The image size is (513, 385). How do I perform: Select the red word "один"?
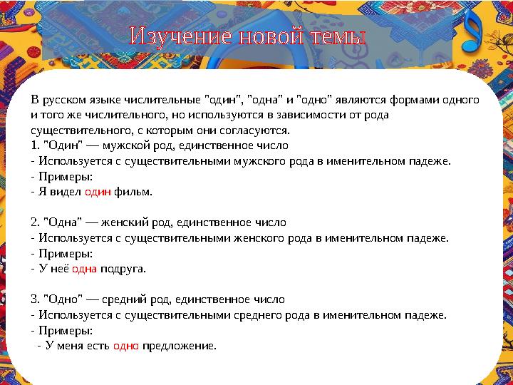click(97, 192)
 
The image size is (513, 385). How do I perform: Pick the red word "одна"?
click(84, 269)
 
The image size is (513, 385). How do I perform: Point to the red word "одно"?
click(125, 346)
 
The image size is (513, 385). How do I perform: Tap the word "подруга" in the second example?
click(123, 269)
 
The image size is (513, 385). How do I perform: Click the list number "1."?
click(36, 145)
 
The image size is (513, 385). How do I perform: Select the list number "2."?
click(36, 222)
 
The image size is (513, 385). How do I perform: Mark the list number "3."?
click(36, 299)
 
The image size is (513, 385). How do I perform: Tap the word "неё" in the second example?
click(60, 269)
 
